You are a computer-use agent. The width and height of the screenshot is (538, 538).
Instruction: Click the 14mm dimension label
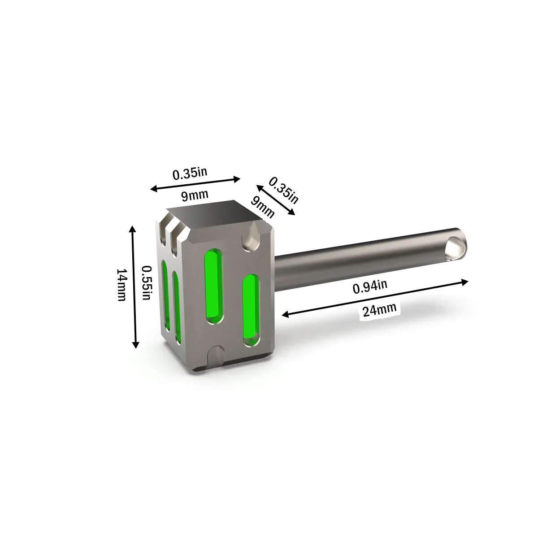click(x=122, y=285)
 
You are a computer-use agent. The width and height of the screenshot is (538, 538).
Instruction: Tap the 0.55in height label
click(x=147, y=282)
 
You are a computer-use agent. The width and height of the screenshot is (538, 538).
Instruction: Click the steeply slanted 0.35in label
click(x=284, y=191)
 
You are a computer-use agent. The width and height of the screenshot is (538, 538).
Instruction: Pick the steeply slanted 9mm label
click(x=262, y=207)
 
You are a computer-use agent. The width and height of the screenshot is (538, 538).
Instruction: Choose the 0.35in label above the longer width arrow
click(x=190, y=174)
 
